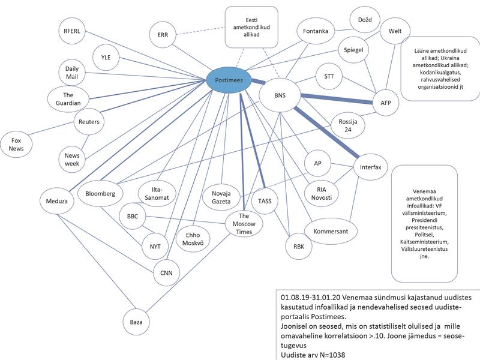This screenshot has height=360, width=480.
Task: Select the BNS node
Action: pos(280,95)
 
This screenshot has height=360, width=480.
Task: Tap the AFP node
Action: pos(385,103)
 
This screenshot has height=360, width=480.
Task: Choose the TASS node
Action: pos(263,201)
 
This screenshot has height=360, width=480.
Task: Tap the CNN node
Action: pos(166,273)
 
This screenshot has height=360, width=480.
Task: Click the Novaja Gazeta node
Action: pos(221,197)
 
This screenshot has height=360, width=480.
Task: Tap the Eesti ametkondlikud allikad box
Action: pos(251,27)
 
